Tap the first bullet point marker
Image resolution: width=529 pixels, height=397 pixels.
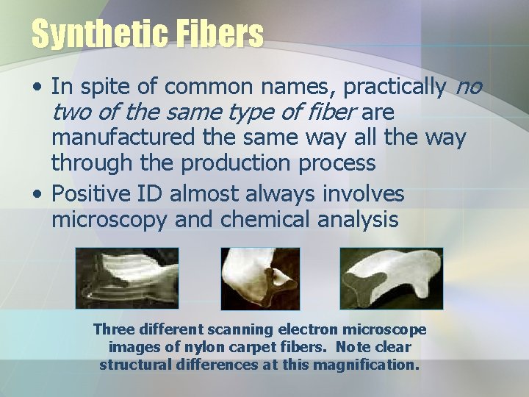click(x=37, y=89)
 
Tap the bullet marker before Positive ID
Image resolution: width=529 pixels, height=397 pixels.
click(x=37, y=195)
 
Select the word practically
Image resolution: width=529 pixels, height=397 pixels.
click(x=394, y=87)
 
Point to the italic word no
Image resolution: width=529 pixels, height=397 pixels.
click(x=469, y=87)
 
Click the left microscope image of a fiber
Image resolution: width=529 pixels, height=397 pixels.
click(x=126, y=277)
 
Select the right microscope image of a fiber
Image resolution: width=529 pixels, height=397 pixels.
click(x=391, y=277)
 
